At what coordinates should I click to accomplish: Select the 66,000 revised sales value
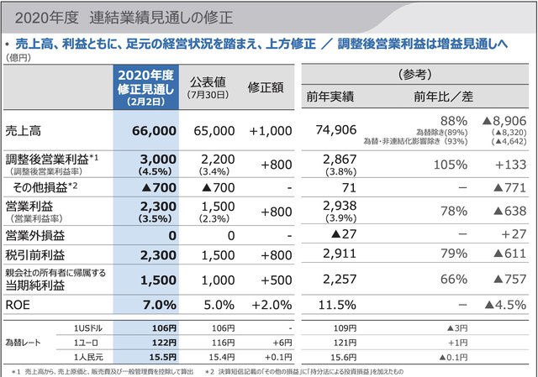(155, 131)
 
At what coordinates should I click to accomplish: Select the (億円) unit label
(18, 57)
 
